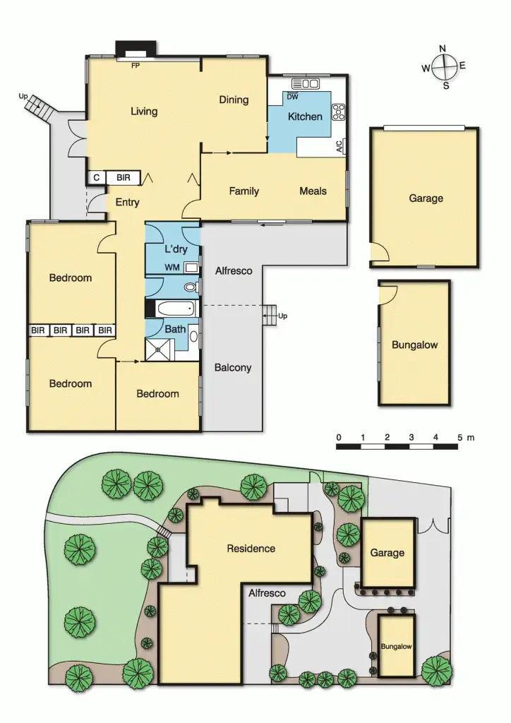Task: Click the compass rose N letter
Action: coord(443,49)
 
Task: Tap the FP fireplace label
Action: coord(136,66)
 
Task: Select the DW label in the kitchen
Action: coord(292,97)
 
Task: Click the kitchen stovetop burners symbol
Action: coord(338,112)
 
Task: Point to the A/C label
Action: coord(339,147)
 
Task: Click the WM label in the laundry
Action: coord(172,267)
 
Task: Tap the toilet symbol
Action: coord(189,287)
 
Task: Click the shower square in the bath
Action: coord(158,349)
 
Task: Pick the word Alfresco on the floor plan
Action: coord(234,270)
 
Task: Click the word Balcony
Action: coord(232,367)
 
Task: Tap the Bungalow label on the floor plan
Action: coord(414,345)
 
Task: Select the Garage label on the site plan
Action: coord(387,553)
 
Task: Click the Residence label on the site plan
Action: coord(251,549)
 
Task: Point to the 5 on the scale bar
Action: coord(460,438)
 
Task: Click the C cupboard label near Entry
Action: coord(96,178)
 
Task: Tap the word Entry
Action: coord(127,203)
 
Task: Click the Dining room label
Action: coord(234,100)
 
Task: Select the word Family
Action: coord(244,191)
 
